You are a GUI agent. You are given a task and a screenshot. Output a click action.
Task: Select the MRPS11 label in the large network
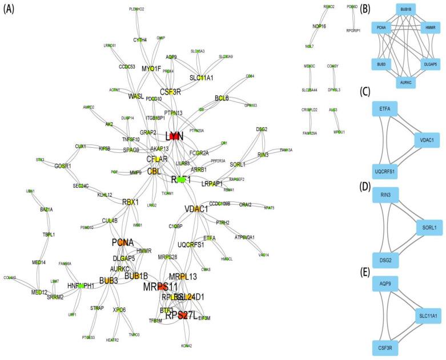[162, 286]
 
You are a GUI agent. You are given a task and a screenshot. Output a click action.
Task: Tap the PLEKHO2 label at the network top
[136, 9]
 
